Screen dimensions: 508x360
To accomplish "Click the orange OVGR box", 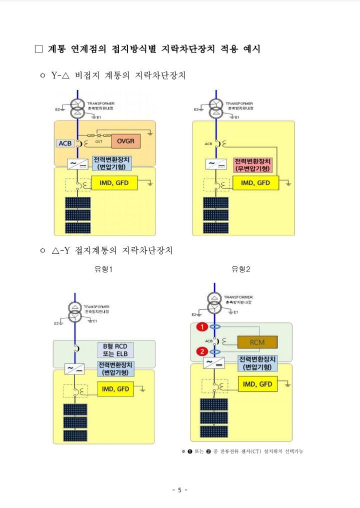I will click(125, 142).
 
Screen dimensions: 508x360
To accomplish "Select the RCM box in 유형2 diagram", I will click(257, 342).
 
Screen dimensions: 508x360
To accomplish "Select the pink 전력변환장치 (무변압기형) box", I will click(252, 165).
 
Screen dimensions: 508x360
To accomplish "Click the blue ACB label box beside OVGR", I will click(65, 143).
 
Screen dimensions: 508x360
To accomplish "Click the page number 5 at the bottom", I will click(179, 490).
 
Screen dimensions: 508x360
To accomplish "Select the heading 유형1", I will click(103, 269).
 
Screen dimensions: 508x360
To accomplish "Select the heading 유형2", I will click(240, 269).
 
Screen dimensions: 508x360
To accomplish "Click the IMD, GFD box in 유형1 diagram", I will click(116, 389).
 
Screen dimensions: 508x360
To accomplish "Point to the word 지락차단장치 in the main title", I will click(189, 50).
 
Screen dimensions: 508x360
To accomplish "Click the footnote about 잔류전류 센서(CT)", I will click(242, 451).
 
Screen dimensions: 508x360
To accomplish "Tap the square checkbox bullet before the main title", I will click(39, 50).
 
